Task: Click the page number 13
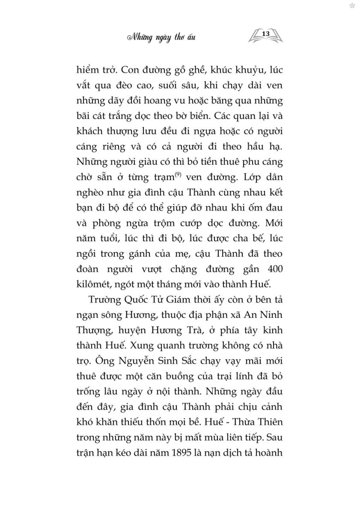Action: (266, 33)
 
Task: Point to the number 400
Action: (273, 269)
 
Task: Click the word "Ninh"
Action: (271, 315)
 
